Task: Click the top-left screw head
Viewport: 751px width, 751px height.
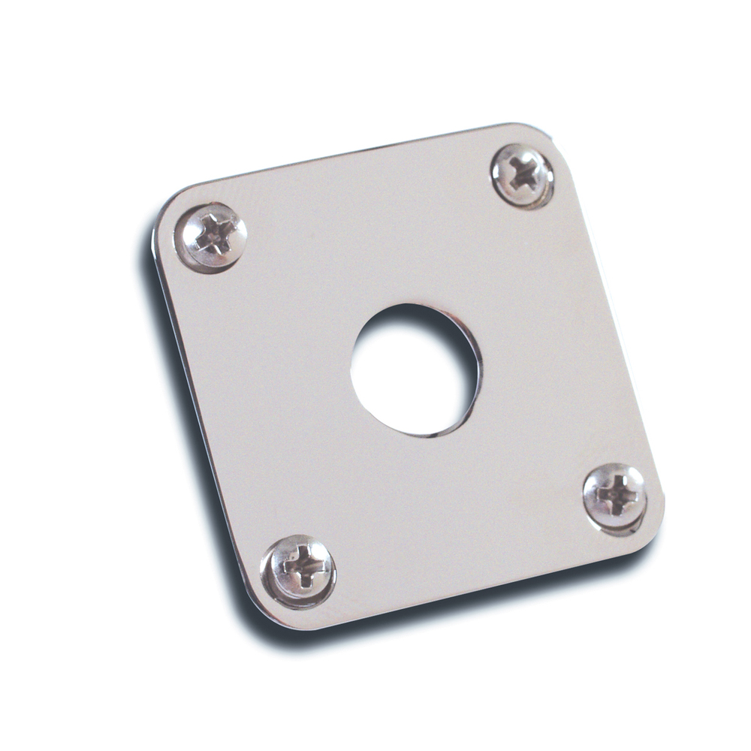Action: coord(211,237)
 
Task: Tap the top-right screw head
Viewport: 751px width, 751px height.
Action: coord(523,176)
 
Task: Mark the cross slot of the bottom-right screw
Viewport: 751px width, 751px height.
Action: coord(615,494)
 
